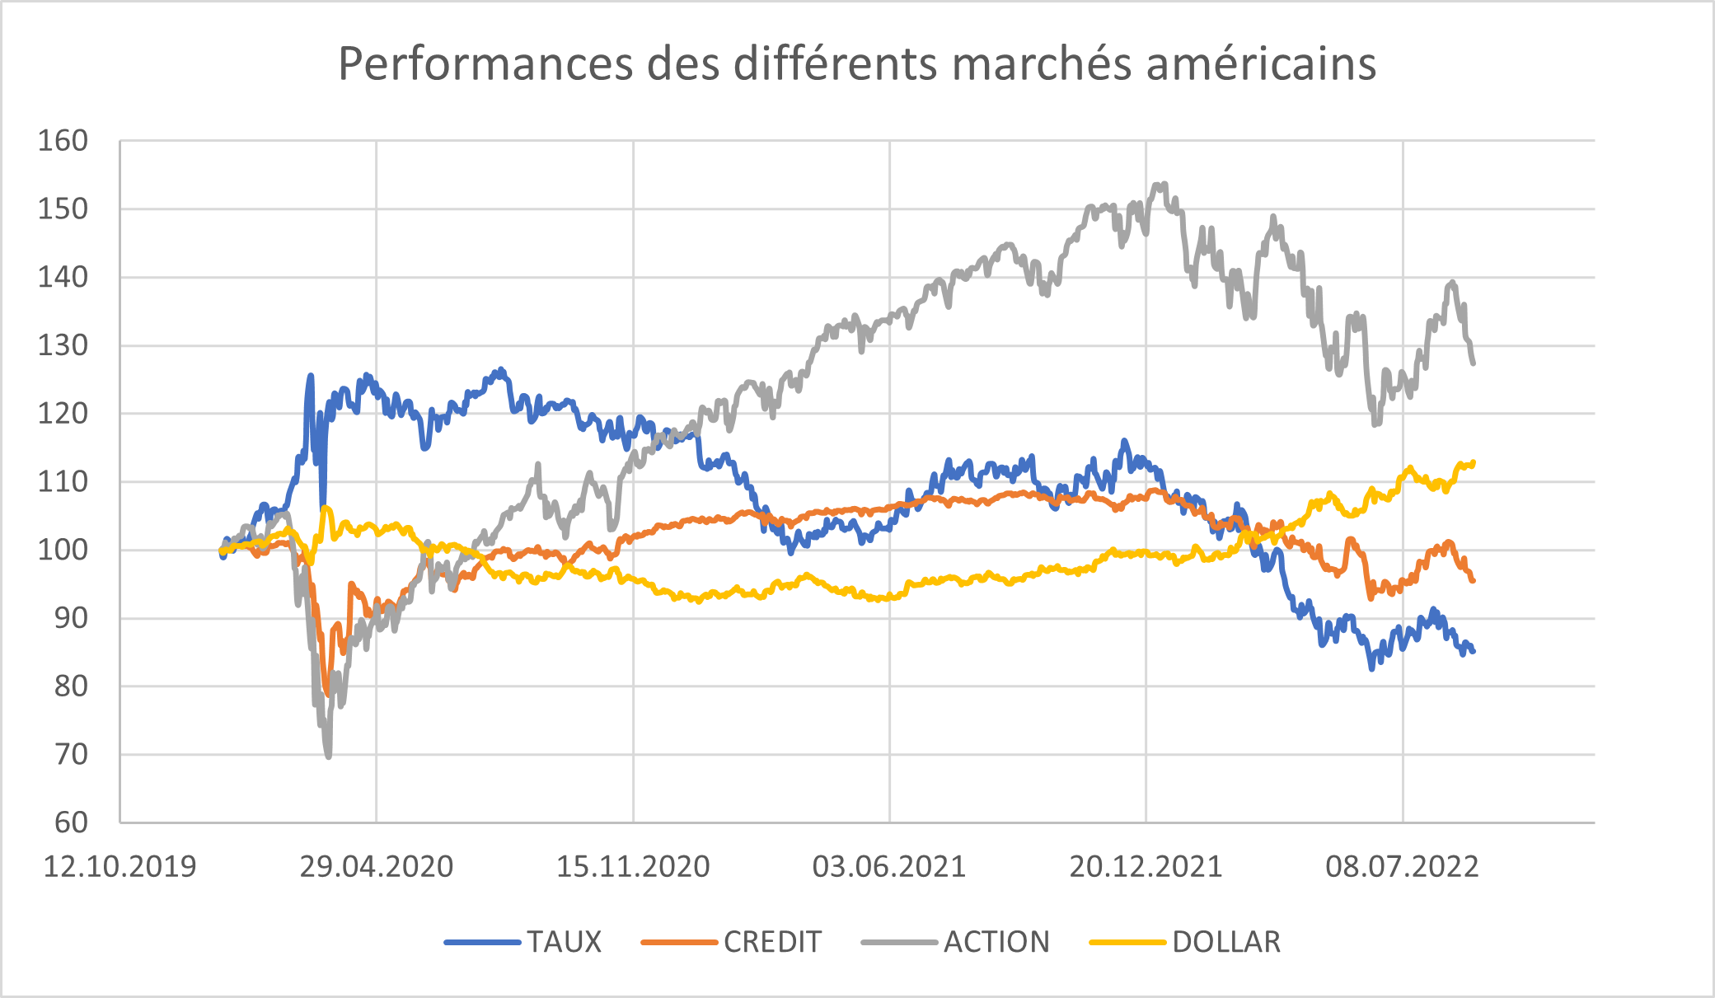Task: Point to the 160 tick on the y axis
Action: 63,141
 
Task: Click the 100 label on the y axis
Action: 63,550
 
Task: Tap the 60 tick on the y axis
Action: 71,822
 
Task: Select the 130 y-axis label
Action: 63,345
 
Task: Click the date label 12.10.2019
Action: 119,867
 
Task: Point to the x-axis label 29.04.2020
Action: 376,867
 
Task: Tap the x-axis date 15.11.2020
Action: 633,867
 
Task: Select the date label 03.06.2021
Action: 889,867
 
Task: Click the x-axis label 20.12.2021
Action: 1146,867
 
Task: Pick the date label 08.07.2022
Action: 1402,867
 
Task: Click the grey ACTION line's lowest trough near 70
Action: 329,756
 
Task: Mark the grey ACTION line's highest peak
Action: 1164,185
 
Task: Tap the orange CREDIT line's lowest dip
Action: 327,695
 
